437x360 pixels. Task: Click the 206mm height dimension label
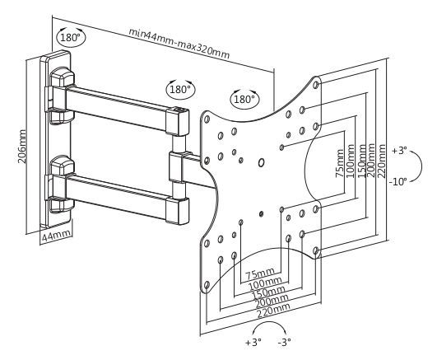(22, 147)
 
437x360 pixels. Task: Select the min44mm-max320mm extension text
(179, 44)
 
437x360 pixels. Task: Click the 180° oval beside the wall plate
(71, 37)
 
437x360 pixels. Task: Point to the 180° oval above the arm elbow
(180, 89)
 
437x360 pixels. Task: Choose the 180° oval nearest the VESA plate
(244, 99)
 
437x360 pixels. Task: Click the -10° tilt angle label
(398, 182)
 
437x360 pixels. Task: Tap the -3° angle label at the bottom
(284, 342)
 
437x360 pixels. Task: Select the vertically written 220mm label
(381, 161)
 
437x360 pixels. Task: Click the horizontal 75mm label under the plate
(260, 274)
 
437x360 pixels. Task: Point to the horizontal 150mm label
(268, 292)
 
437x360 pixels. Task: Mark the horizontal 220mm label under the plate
(273, 310)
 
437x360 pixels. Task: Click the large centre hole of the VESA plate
(262, 162)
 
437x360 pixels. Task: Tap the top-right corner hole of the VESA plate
(316, 85)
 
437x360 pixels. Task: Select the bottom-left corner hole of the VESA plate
(207, 285)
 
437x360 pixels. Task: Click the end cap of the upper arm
(178, 122)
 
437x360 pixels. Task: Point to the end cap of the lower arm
(178, 211)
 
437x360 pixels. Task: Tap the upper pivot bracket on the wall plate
(62, 95)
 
